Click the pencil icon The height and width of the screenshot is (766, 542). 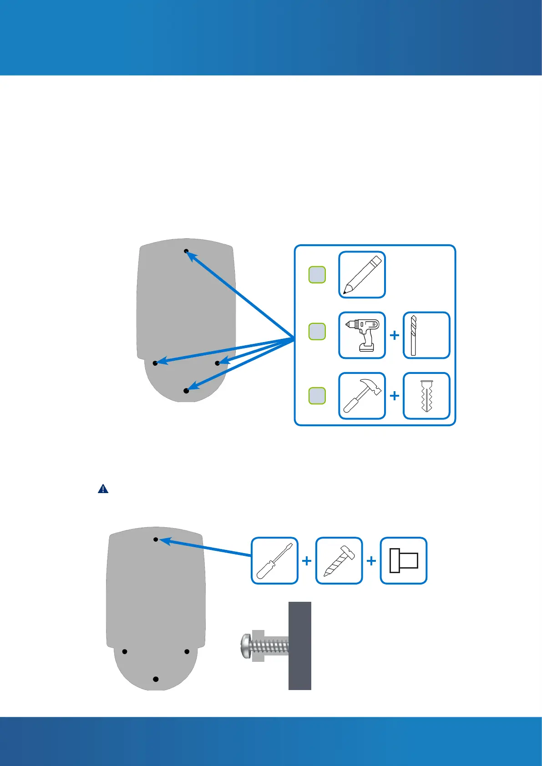[x=362, y=275]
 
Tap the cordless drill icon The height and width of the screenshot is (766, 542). [x=362, y=335]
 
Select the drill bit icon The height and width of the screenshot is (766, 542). [x=426, y=335]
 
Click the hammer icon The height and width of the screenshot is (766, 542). [x=362, y=396]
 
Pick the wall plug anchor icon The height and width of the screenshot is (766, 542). [x=426, y=396]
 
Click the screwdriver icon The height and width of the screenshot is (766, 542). [x=274, y=560]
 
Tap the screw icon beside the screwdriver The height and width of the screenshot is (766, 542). [x=339, y=560]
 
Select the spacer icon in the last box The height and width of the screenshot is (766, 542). [x=404, y=560]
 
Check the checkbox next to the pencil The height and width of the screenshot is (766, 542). [x=317, y=275]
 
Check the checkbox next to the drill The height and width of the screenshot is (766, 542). [x=317, y=332]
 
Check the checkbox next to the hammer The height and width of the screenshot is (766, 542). [x=317, y=396]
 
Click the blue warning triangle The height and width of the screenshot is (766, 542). [x=103, y=489]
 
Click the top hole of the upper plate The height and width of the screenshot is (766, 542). [x=186, y=251]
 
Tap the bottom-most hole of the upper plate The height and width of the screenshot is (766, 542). [x=186, y=391]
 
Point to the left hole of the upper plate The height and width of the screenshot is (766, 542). [x=155, y=363]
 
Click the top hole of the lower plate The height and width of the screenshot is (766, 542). [x=156, y=539]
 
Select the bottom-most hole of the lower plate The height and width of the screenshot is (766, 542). [x=156, y=679]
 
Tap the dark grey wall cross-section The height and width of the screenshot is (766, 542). [x=300, y=646]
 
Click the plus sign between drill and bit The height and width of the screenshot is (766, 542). [x=395, y=335]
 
